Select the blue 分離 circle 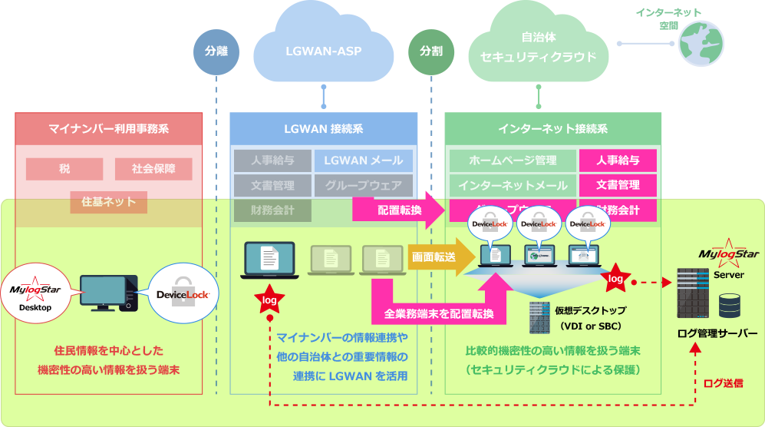coord(216,51)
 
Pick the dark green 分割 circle coord(430,51)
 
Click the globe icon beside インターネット coord(701,44)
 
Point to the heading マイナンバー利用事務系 coord(108,128)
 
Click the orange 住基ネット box coord(109,202)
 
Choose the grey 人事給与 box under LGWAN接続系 coord(272,161)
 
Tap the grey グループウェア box coord(363,185)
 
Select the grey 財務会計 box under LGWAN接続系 coord(272,210)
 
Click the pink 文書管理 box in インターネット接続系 coord(618,185)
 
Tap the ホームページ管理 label coord(512,161)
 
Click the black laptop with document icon coord(268,260)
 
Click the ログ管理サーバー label coord(717,333)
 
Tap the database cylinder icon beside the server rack coord(729,306)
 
